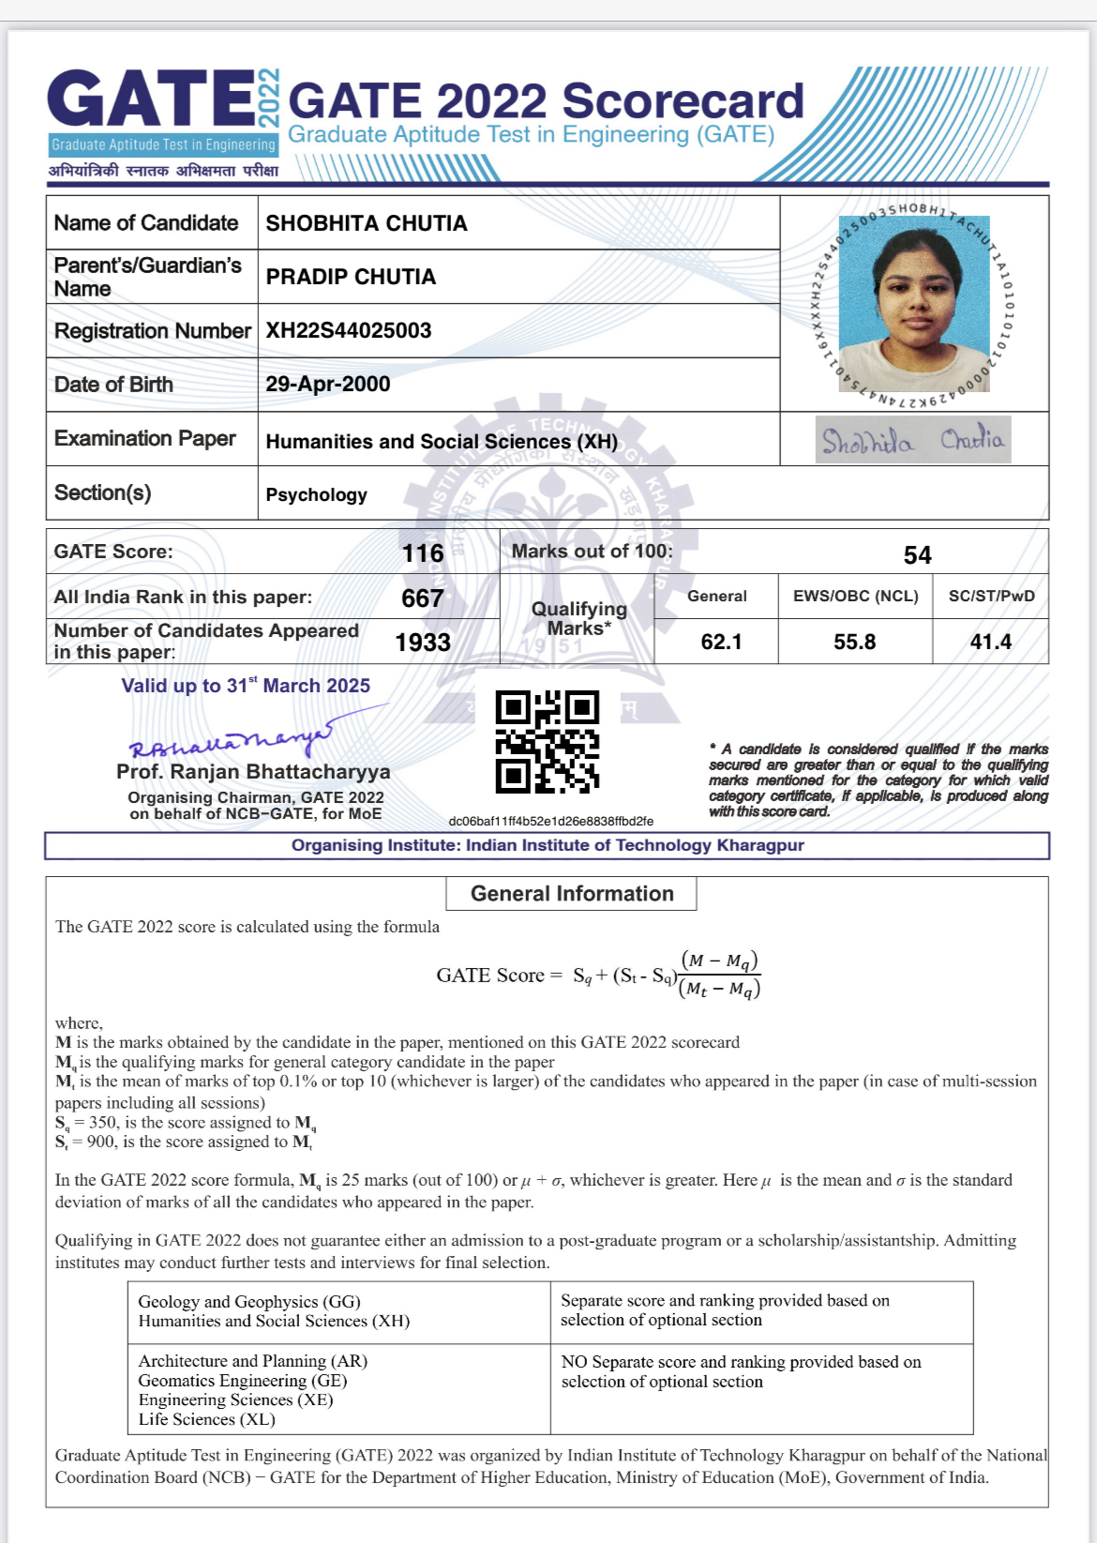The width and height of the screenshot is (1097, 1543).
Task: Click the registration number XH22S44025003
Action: coord(349,330)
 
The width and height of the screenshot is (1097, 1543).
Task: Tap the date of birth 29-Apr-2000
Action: coord(327,384)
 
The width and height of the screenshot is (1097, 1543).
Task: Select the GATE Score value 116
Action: coord(423,553)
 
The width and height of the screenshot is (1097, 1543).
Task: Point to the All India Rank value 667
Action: coord(422,598)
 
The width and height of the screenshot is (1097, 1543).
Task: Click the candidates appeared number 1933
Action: coord(423,643)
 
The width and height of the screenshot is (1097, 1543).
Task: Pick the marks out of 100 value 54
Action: coord(917,555)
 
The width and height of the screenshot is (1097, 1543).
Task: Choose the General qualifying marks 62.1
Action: coord(721,642)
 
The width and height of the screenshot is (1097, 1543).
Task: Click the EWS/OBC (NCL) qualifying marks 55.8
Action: coord(854,642)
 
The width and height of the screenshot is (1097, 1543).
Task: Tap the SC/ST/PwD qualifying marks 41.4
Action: coord(990,642)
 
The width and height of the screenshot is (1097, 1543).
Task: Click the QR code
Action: coord(548,742)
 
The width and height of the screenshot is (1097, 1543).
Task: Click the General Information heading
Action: coord(572,893)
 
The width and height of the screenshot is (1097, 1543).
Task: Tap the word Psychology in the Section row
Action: coord(316,494)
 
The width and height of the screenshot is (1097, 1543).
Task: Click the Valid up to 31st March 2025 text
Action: coord(246,686)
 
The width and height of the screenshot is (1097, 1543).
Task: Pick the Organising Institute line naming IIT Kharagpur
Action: coord(548,845)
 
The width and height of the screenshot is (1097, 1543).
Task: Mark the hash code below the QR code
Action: coord(550,821)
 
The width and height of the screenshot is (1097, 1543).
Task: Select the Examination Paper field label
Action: coord(145,438)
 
